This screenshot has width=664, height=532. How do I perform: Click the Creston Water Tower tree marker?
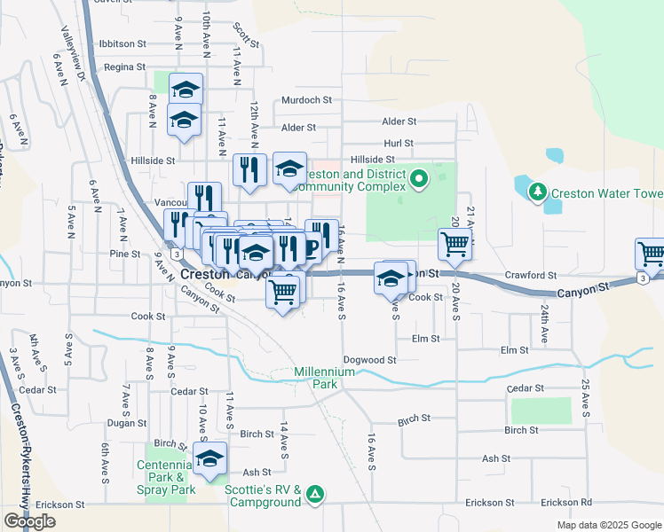point(536,192)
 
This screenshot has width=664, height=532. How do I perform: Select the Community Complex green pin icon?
point(420,180)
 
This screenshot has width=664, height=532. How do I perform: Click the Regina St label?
point(123,66)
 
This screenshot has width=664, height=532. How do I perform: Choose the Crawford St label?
point(530,276)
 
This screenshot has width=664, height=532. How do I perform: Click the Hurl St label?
point(398,143)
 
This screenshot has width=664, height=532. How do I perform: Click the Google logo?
point(29,521)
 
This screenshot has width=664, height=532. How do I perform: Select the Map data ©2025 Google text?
point(609,525)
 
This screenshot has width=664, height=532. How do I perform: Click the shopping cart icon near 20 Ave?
point(455,244)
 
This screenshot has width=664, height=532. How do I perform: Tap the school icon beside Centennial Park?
point(209,458)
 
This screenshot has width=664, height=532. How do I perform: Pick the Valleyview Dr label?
point(73,52)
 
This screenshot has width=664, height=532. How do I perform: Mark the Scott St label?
point(246,35)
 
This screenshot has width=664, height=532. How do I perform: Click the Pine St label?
point(125,254)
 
